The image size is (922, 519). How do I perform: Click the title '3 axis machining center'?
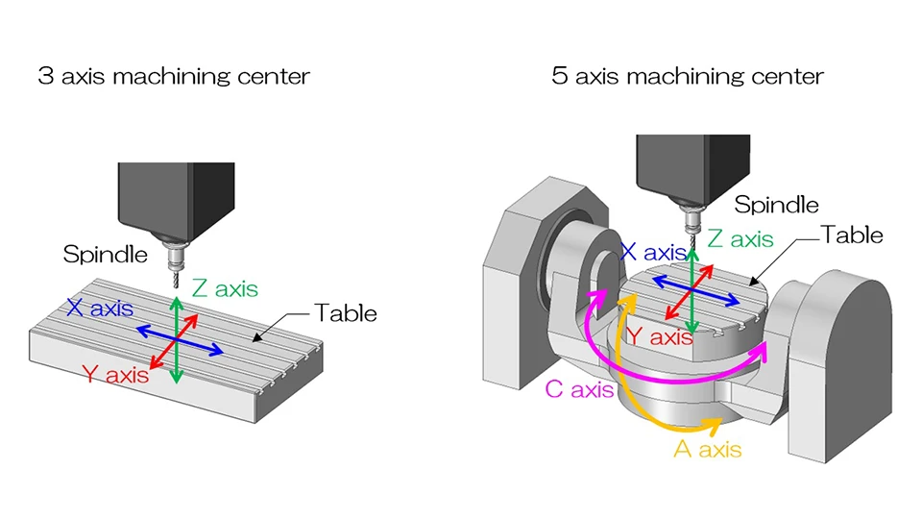[174, 76]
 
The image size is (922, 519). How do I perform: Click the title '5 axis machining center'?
[688, 76]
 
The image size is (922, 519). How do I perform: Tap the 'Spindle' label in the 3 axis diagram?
[106, 255]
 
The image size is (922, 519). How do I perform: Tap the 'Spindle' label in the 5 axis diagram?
[776, 205]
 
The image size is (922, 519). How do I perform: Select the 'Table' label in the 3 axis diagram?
[346, 313]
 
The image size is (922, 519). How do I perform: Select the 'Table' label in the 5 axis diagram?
[852, 235]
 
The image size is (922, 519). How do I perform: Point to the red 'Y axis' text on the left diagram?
[115, 375]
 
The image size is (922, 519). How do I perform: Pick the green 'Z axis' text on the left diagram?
[224, 287]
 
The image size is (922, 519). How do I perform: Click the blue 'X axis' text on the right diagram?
[653, 253]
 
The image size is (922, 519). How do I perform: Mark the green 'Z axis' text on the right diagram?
[740, 239]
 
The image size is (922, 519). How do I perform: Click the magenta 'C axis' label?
[578, 390]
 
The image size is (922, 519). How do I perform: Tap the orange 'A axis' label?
[708, 448]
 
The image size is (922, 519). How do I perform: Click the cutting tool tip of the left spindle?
[176, 286]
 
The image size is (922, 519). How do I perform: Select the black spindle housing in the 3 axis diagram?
[176, 202]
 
